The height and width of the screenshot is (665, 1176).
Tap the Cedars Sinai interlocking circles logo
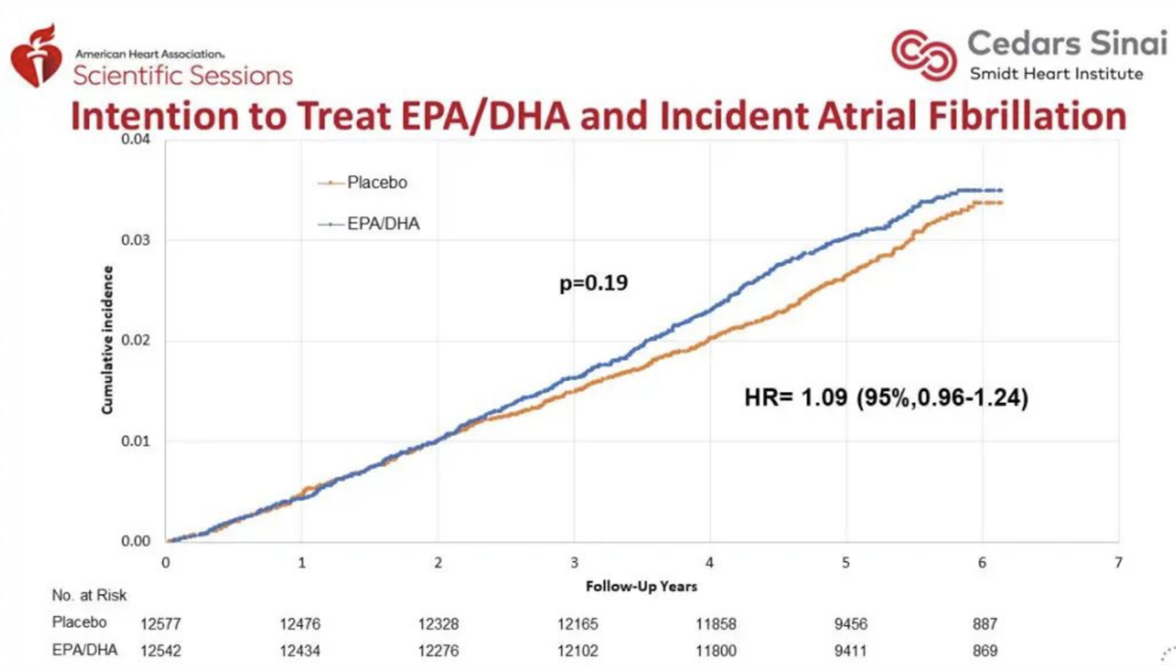[924, 55]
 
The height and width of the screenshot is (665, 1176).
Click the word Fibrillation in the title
[1028, 116]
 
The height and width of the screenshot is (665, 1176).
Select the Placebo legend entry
[363, 183]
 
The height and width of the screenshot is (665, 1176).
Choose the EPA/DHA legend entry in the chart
[368, 224]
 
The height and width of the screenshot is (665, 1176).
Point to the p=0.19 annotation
[594, 284]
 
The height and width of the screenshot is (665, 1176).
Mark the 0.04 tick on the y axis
[136, 140]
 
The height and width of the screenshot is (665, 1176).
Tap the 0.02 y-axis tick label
[136, 340]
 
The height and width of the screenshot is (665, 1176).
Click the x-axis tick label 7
[1119, 563]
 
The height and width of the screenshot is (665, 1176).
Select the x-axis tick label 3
[575, 563]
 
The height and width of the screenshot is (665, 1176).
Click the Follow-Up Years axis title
[641, 587]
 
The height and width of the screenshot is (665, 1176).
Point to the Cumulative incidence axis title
[108, 340]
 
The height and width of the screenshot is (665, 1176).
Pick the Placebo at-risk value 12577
[161, 624]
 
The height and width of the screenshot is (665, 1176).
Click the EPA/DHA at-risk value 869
[985, 651]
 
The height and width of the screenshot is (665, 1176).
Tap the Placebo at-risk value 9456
[851, 624]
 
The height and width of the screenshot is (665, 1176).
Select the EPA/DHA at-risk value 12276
[438, 651]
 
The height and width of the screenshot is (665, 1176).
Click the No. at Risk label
[89, 595]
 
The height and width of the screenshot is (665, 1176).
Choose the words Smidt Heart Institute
[1056, 74]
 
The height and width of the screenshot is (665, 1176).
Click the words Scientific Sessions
[182, 76]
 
